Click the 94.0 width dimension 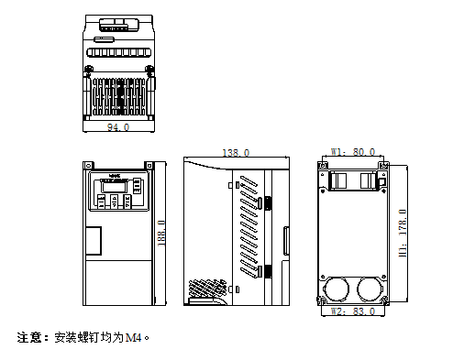pyautogui.click(x=118, y=126)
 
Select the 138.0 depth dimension pyautogui.click(x=236, y=153)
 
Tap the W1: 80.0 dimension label pyautogui.click(x=353, y=151)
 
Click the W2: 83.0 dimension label pyautogui.click(x=353, y=312)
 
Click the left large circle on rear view pyautogui.click(x=336, y=288)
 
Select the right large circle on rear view pyautogui.click(x=370, y=288)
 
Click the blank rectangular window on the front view pyautogui.click(x=94, y=240)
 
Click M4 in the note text pyautogui.click(x=134, y=337)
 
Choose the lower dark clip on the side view pyautogui.click(x=269, y=270)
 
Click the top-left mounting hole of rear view pyautogui.click(x=325, y=166)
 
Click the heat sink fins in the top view pyautogui.click(x=117, y=96)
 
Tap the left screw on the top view pyautogui.click(x=90, y=69)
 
